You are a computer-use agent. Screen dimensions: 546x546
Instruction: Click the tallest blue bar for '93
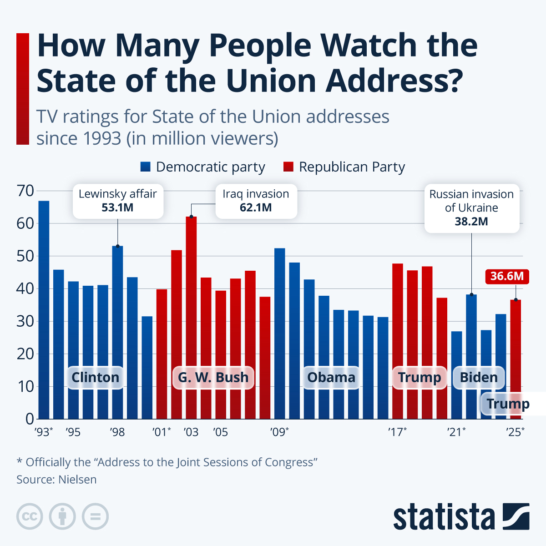click(x=44, y=309)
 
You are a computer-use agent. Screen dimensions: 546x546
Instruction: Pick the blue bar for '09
click(x=279, y=332)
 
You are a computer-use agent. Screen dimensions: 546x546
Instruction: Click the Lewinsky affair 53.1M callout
click(x=118, y=201)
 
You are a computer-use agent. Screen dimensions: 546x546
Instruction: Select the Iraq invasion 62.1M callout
click(x=256, y=201)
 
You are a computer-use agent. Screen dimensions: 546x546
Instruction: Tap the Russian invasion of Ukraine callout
click(x=471, y=208)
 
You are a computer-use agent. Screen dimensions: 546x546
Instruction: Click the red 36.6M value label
click(x=507, y=276)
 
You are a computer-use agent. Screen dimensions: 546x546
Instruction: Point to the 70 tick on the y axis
click(x=25, y=191)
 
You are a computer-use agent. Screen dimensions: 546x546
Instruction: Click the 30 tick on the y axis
click(x=25, y=321)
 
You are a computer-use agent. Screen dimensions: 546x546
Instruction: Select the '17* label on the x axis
click(x=397, y=432)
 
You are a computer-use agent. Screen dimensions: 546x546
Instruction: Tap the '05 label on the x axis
click(x=220, y=432)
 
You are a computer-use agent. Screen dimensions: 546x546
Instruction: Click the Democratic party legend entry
click(x=203, y=167)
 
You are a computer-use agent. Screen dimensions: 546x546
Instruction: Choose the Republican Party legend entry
click(x=344, y=167)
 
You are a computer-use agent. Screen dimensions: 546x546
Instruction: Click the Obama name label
click(x=331, y=377)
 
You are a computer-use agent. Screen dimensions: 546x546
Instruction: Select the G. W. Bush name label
click(x=213, y=377)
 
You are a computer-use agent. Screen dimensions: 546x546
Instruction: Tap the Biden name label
click(x=479, y=377)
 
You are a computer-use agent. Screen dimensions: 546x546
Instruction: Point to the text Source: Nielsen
click(x=56, y=480)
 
